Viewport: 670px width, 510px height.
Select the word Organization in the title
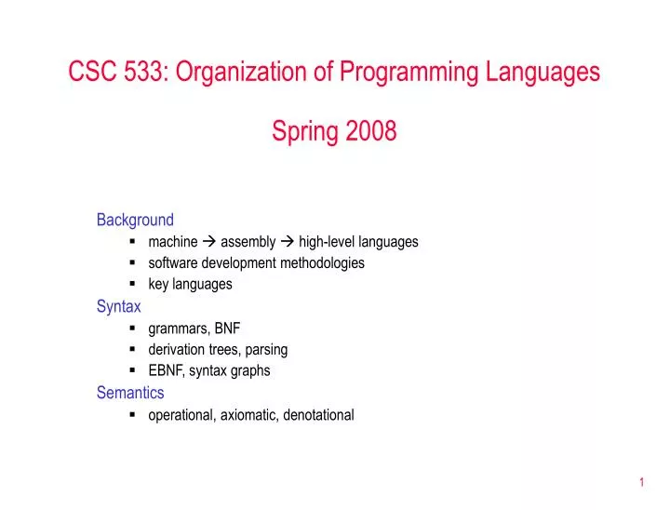point(237,71)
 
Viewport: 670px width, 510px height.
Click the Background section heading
point(135,220)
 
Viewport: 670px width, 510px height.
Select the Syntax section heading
point(119,306)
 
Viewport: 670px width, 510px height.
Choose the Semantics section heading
point(130,393)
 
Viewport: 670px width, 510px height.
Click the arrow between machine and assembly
point(209,242)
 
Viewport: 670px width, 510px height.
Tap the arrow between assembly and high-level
point(288,242)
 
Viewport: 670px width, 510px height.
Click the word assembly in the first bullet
point(248,242)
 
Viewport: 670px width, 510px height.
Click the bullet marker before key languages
point(135,285)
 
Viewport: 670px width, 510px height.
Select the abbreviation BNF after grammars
point(227,329)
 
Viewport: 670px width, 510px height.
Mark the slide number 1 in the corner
point(642,482)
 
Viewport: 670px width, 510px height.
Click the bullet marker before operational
point(135,415)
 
